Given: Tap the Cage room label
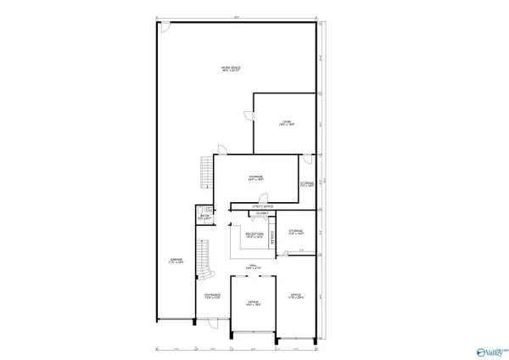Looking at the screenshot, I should click(x=287, y=122).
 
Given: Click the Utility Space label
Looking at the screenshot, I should click(x=262, y=206).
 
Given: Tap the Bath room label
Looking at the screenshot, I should click(x=204, y=218).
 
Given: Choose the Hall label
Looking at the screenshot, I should click(x=253, y=267).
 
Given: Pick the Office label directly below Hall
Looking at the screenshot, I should click(x=253, y=302).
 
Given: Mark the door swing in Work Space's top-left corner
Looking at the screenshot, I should click(x=165, y=28).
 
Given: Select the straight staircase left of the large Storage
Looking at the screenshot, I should click(x=205, y=172).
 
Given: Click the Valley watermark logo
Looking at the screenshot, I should click(x=493, y=348).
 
